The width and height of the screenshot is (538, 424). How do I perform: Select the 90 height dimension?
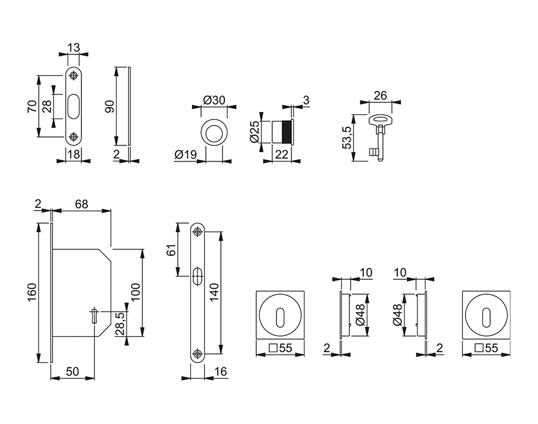(x=109, y=106)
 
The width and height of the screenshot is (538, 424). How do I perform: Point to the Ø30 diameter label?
(x=214, y=100)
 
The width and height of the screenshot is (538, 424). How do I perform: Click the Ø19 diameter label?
(x=186, y=154)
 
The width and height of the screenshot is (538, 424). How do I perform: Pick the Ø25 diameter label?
(x=254, y=131)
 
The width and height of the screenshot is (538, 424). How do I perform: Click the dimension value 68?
(x=81, y=204)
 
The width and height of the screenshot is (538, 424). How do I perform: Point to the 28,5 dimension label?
(x=120, y=324)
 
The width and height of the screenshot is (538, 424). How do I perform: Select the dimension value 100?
(x=135, y=292)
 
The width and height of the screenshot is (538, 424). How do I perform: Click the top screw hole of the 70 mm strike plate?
(x=73, y=76)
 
